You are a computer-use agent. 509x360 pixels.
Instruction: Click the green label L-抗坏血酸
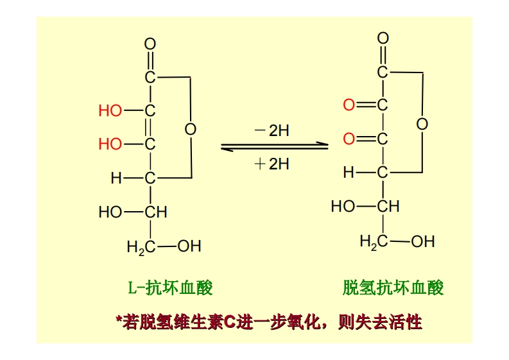tap(169, 287)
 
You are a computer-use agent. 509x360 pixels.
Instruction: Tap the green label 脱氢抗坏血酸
tap(393, 287)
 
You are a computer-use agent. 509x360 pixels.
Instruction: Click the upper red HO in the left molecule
tap(110, 111)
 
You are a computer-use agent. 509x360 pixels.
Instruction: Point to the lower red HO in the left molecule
tap(110, 144)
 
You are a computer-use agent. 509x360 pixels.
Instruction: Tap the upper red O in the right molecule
tap(349, 105)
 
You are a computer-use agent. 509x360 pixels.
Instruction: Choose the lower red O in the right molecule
tap(349, 138)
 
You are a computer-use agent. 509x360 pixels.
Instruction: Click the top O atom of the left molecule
tap(150, 44)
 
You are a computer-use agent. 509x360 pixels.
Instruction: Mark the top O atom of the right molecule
tap(383, 39)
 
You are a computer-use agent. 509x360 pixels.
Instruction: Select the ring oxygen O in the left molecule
tap(190, 129)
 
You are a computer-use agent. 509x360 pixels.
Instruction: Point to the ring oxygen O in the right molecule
tap(422, 124)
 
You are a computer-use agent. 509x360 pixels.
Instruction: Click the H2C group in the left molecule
tap(141, 246)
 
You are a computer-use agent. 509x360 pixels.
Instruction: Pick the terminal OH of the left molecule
tap(189, 246)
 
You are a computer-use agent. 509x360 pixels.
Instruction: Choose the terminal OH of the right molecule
tap(422, 241)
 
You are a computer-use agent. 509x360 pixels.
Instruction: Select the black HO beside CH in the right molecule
tap(343, 207)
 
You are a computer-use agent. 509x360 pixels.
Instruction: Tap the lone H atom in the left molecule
tap(116, 178)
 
